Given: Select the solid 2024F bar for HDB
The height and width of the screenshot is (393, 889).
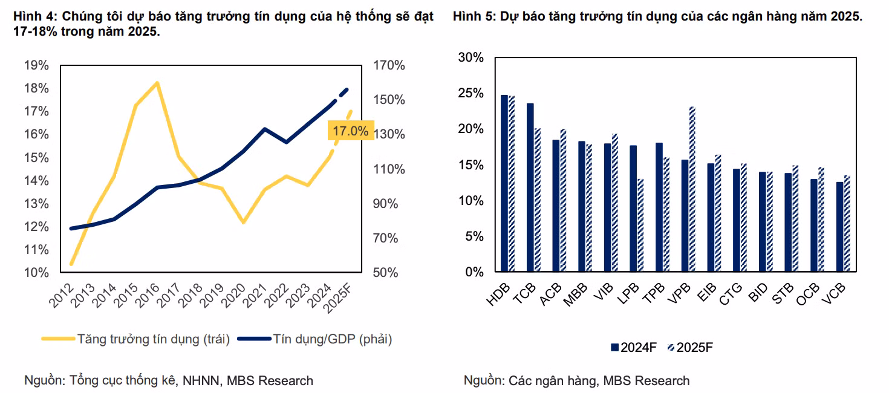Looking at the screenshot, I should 504,183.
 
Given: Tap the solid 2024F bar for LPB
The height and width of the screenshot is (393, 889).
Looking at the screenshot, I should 633,209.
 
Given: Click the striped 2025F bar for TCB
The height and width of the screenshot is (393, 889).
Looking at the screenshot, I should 537,200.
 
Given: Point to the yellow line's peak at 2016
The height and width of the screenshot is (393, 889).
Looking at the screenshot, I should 157,83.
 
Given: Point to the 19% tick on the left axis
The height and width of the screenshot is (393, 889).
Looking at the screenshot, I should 36,65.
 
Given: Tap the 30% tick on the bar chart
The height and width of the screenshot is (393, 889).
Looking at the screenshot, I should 471,57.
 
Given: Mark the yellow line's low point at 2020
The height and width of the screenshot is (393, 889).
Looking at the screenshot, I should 243,222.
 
